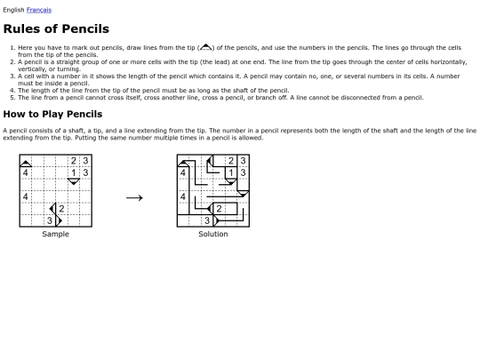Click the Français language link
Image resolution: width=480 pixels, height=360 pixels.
[39, 10]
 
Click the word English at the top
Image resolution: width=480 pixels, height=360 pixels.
[13, 10]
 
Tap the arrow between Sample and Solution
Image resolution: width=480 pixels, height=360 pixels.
[134, 196]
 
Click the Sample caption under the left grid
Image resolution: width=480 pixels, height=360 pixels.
[55, 235]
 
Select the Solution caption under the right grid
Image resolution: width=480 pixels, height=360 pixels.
[212, 235]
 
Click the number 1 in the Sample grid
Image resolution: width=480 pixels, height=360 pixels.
[74, 172]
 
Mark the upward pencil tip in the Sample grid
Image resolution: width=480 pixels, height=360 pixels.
[26, 161]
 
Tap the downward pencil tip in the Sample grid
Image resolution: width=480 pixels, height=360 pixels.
[74, 182]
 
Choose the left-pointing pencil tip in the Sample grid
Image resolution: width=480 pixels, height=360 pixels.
[52, 208]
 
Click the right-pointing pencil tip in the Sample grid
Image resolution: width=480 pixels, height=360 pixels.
[60, 220]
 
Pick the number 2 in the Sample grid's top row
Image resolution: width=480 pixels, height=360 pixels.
[74, 161]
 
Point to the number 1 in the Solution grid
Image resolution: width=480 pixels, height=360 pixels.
[231, 172]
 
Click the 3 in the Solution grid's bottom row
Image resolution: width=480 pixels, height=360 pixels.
[207, 220]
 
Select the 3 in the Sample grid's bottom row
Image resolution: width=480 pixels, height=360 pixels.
[50, 220]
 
